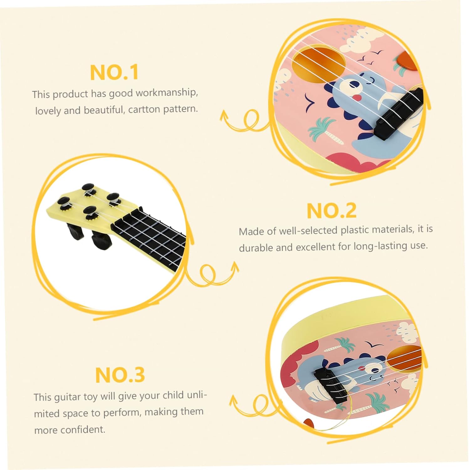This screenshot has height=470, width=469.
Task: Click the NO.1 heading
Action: tap(114, 72)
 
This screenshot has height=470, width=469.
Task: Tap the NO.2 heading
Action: tap(331, 211)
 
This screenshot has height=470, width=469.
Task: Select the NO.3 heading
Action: tap(120, 375)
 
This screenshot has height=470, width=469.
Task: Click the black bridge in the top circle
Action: tap(399, 114)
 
